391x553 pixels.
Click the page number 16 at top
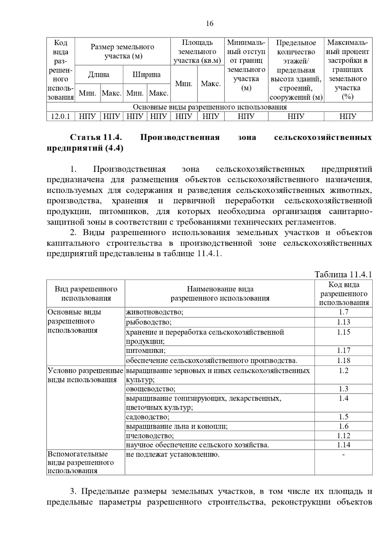pyautogui.click(x=210, y=23)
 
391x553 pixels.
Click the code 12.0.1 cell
pyautogui.click(x=61, y=116)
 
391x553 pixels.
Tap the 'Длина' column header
pyautogui.click(x=99, y=75)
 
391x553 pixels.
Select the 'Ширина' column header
pyautogui.click(x=147, y=75)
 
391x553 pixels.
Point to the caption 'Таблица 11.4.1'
pyautogui.click(x=343, y=274)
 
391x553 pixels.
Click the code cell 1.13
pyautogui.click(x=343, y=322)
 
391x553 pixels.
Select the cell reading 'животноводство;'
pyautogui.click(x=155, y=312)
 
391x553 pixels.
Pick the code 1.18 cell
pyautogui.click(x=343, y=360)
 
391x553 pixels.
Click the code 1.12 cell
pyautogui.click(x=343, y=436)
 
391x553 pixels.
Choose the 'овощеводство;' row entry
pyautogui.click(x=151, y=389)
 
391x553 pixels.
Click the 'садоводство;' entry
pyautogui.click(x=148, y=417)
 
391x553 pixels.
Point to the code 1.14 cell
pyautogui.click(x=343, y=445)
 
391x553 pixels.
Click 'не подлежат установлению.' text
pyautogui.click(x=173, y=454)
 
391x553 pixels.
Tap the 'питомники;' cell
pyautogui.click(x=146, y=351)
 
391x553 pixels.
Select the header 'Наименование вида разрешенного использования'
pyautogui.click(x=220, y=293)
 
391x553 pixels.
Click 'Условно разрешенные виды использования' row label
pyautogui.click(x=85, y=375)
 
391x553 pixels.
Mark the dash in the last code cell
pyautogui.click(x=343, y=454)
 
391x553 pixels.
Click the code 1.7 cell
pyautogui.click(x=343, y=312)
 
